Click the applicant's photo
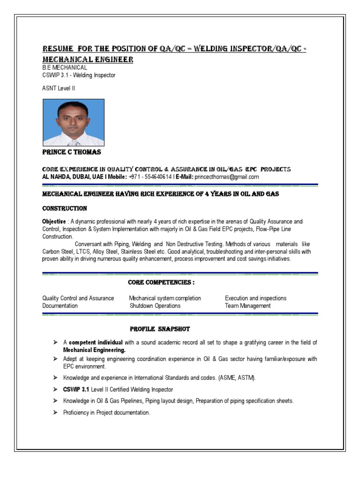[x=74, y=122]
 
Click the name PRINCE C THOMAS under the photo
[x=71, y=152]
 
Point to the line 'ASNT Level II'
[x=59, y=88]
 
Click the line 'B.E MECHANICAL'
[x=65, y=67]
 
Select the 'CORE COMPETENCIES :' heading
[x=161, y=282]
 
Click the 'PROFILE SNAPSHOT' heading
[x=160, y=329]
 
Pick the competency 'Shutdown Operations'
[x=155, y=306]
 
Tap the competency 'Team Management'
[x=247, y=306]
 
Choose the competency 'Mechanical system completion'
[x=165, y=298]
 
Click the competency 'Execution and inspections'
[x=255, y=298]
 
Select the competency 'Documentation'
[x=60, y=306]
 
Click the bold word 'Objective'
[x=54, y=222]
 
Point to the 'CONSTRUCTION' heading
[x=64, y=208]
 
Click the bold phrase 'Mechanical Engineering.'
[x=94, y=350]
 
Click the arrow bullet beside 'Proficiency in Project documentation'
[x=55, y=412]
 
